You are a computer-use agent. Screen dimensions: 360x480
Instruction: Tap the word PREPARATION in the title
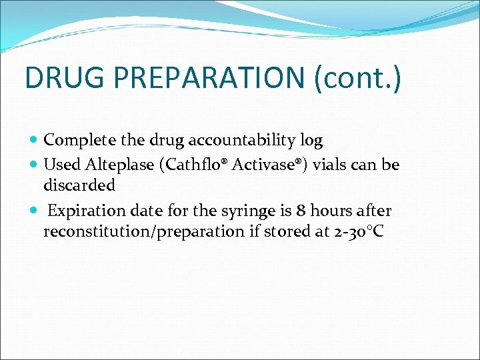208,77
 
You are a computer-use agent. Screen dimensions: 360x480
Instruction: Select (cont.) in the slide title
357,77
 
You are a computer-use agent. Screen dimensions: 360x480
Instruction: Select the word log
311,141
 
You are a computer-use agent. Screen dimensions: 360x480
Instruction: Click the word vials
333,164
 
